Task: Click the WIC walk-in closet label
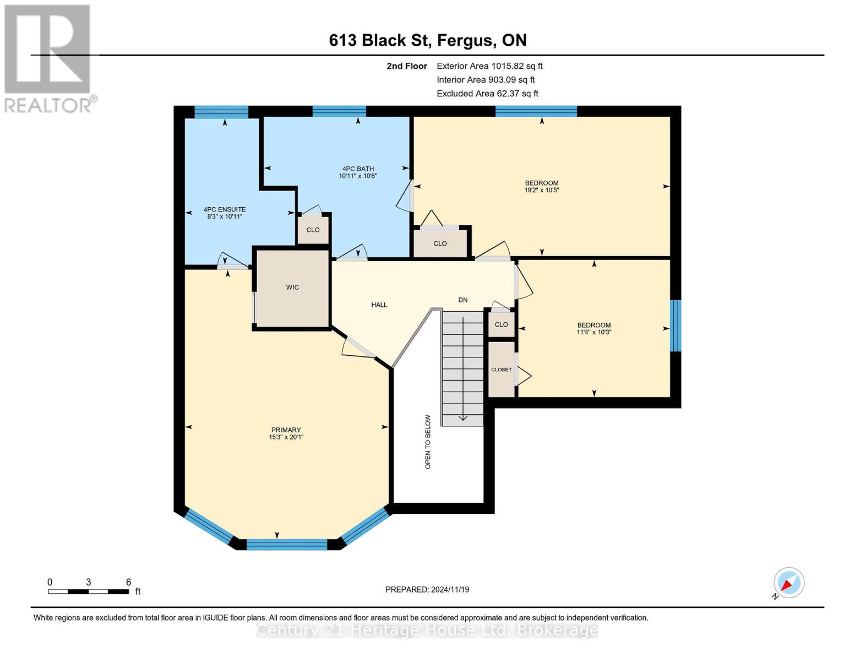click(292, 287)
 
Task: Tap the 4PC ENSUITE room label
click(225, 209)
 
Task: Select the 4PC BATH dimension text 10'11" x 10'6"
click(358, 176)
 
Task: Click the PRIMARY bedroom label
click(286, 430)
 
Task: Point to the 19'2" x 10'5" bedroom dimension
click(542, 190)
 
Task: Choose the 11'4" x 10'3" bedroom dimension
click(594, 332)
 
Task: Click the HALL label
click(379, 305)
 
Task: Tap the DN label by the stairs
click(463, 300)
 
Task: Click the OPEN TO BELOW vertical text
click(428, 442)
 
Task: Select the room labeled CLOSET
click(502, 370)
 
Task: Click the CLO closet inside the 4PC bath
click(313, 230)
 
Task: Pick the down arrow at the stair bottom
click(463, 418)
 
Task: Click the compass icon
click(788, 583)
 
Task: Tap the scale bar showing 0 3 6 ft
click(88, 591)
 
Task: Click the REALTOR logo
click(48, 58)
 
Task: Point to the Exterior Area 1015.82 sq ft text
click(489, 66)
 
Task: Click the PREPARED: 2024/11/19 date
click(427, 589)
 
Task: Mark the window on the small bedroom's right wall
click(676, 326)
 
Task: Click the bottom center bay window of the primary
click(287, 545)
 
